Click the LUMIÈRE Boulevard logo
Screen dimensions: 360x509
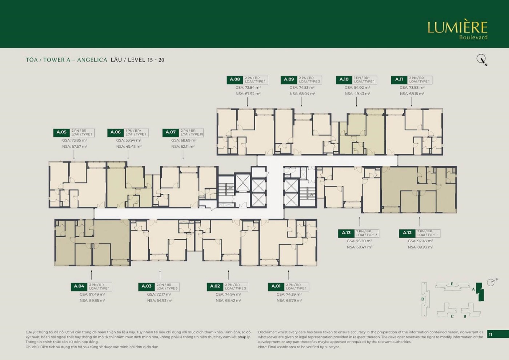click(x=457, y=30)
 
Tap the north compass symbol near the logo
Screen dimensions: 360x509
click(x=481, y=59)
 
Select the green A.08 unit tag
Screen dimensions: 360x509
click(x=235, y=80)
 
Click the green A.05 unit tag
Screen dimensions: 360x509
click(x=61, y=132)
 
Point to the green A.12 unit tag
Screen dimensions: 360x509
click(x=407, y=233)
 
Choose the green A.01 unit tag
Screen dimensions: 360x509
click(x=276, y=287)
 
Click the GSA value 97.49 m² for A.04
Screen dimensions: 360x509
click(x=92, y=295)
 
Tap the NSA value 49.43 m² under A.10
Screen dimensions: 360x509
click(x=357, y=94)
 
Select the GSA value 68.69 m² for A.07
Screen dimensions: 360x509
click(x=184, y=140)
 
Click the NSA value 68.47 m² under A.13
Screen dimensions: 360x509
click(x=359, y=247)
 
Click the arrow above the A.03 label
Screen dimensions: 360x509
click(x=160, y=275)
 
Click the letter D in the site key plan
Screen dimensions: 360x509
click(x=423, y=299)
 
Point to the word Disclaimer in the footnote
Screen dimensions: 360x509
click(x=267, y=332)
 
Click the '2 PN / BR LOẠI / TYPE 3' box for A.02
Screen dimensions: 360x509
click(x=235, y=287)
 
